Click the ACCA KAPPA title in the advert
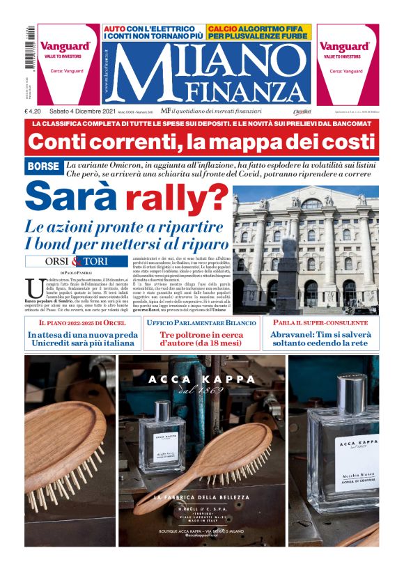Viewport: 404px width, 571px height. click(202, 380)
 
